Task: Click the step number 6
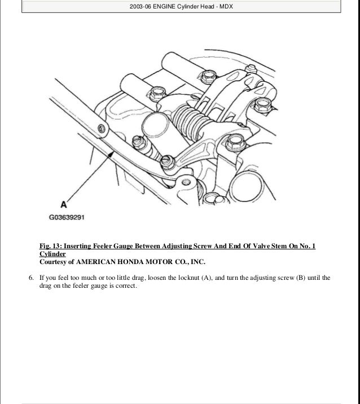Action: coord(31,278)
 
